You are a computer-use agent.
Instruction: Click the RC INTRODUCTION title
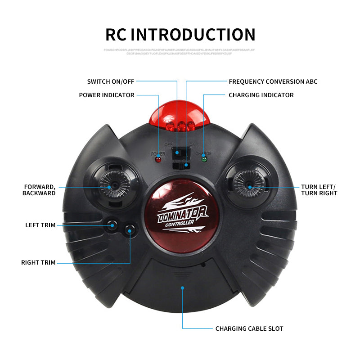(180, 35)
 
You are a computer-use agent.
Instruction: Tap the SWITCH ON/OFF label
(111, 81)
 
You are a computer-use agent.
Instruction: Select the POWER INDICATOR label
(107, 95)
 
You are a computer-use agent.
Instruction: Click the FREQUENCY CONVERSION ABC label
(273, 81)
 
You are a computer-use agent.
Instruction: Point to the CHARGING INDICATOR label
(261, 95)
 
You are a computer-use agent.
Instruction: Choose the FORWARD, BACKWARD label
(40, 190)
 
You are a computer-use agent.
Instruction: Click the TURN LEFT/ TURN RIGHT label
(319, 190)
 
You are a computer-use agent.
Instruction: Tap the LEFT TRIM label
(40, 225)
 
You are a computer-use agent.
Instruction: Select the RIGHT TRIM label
(38, 262)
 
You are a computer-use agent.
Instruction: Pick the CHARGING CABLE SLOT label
(249, 328)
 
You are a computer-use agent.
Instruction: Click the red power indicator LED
(158, 159)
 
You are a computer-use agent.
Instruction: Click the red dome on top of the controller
(180, 113)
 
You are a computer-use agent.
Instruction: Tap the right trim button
(130, 230)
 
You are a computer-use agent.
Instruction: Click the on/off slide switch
(179, 153)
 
